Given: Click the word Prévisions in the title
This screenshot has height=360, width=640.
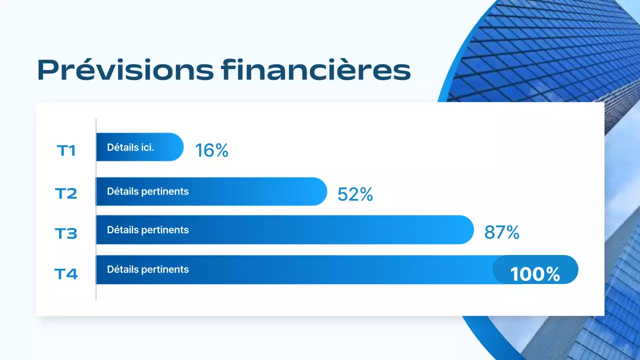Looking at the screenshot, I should click(125, 70).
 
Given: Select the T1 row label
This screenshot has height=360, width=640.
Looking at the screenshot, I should click(66, 150).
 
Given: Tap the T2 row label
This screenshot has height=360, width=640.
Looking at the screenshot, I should click(66, 193).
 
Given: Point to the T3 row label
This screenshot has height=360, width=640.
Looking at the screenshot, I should click(66, 233).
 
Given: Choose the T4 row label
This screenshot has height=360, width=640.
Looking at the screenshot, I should click(66, 273).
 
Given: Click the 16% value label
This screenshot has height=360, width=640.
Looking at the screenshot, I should click(211, 150).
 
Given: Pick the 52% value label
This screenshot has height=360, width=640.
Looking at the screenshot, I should click(355, 194).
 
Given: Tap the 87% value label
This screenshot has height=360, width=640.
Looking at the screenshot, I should click(501, 232).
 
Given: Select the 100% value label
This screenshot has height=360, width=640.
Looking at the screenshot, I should click(535, 274).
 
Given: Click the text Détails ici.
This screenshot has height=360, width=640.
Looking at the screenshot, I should click(130, 147).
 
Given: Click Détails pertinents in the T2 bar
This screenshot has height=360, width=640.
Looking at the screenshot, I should click(148, 191).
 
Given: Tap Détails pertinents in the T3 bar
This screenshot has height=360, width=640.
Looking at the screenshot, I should click(148, 230).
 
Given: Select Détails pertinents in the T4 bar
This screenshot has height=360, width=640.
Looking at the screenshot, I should click(148, 269).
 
